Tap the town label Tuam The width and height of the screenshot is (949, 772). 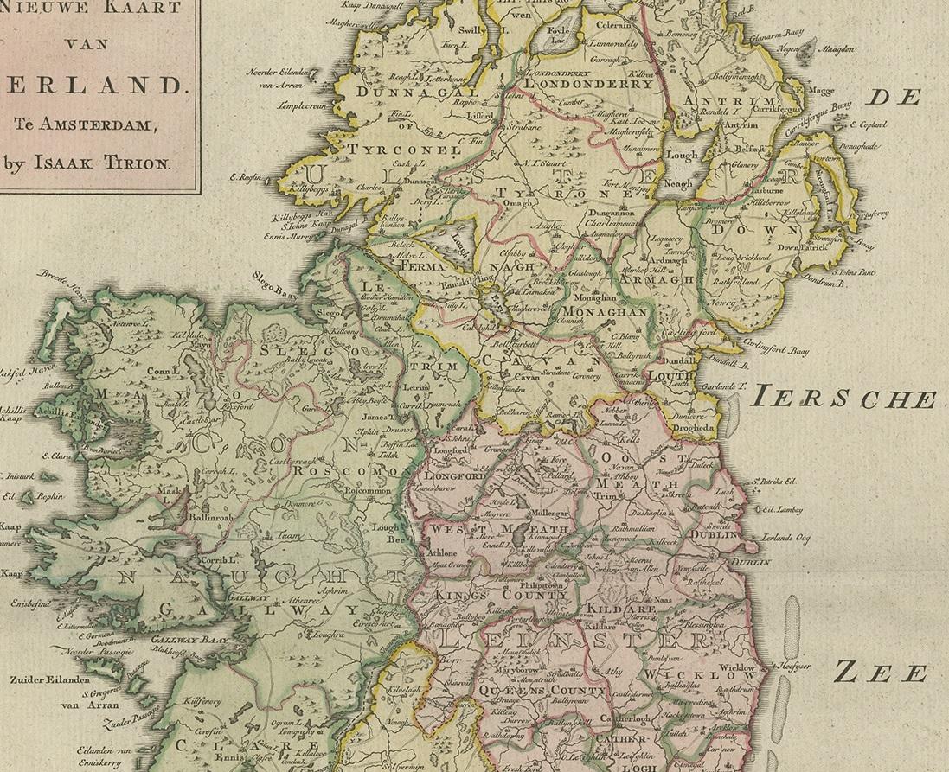pos(290,536)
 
